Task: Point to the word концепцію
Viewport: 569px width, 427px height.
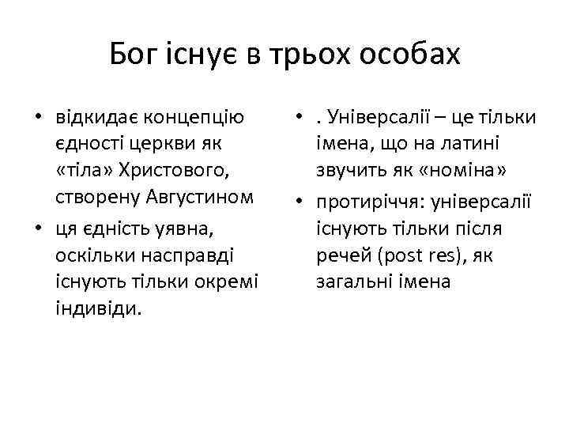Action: tap(202, 118)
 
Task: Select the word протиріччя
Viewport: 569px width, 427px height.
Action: tap(364, 202)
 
